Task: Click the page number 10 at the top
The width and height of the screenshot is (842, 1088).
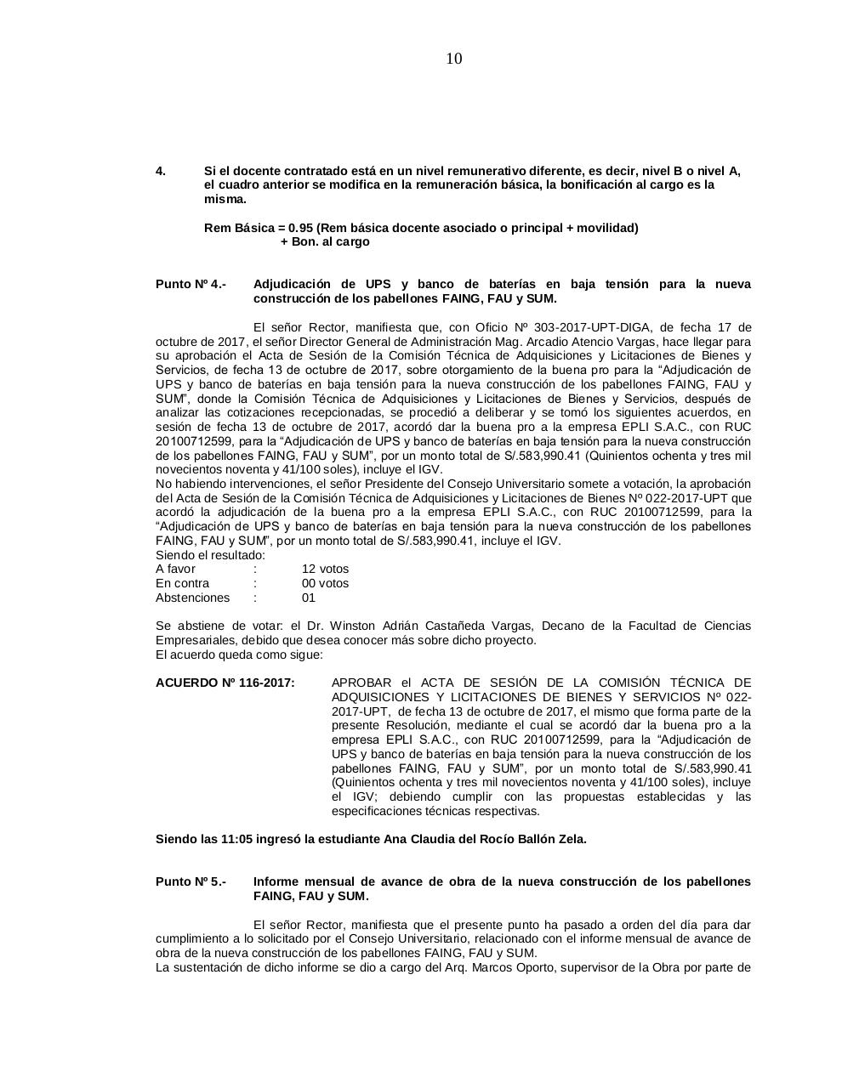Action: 454,59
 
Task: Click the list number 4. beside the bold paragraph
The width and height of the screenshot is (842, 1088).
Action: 161,171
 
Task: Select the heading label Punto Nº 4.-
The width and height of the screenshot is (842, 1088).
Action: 191,284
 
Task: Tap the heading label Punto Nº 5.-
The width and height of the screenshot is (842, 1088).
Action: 191,881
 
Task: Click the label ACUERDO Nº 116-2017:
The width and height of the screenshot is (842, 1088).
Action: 225,683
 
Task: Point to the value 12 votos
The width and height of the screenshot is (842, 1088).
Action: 325,569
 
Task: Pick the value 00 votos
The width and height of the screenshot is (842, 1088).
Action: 325,583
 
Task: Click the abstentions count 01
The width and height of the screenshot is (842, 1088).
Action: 309,598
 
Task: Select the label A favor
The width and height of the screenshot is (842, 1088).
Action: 175,569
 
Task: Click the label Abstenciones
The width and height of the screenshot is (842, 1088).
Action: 192,598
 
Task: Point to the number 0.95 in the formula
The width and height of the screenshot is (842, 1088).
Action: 301,228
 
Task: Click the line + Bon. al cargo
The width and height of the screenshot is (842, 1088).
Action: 325,242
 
